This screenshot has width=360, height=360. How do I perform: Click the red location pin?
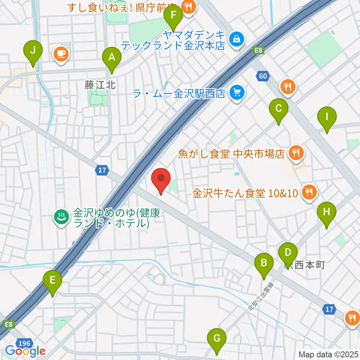point(161,179)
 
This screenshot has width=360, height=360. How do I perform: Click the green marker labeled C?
point(279,109)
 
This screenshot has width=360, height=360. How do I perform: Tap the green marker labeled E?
point(52,281)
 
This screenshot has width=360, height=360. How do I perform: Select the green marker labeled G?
point(217,339)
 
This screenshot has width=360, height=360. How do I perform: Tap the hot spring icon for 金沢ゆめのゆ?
point(61,216)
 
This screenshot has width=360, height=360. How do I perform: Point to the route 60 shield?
point(263,76)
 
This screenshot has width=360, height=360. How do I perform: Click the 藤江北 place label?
point(99,85)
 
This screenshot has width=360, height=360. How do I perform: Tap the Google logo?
point(25,351)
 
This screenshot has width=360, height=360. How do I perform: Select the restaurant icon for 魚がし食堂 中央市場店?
point(296,153)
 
